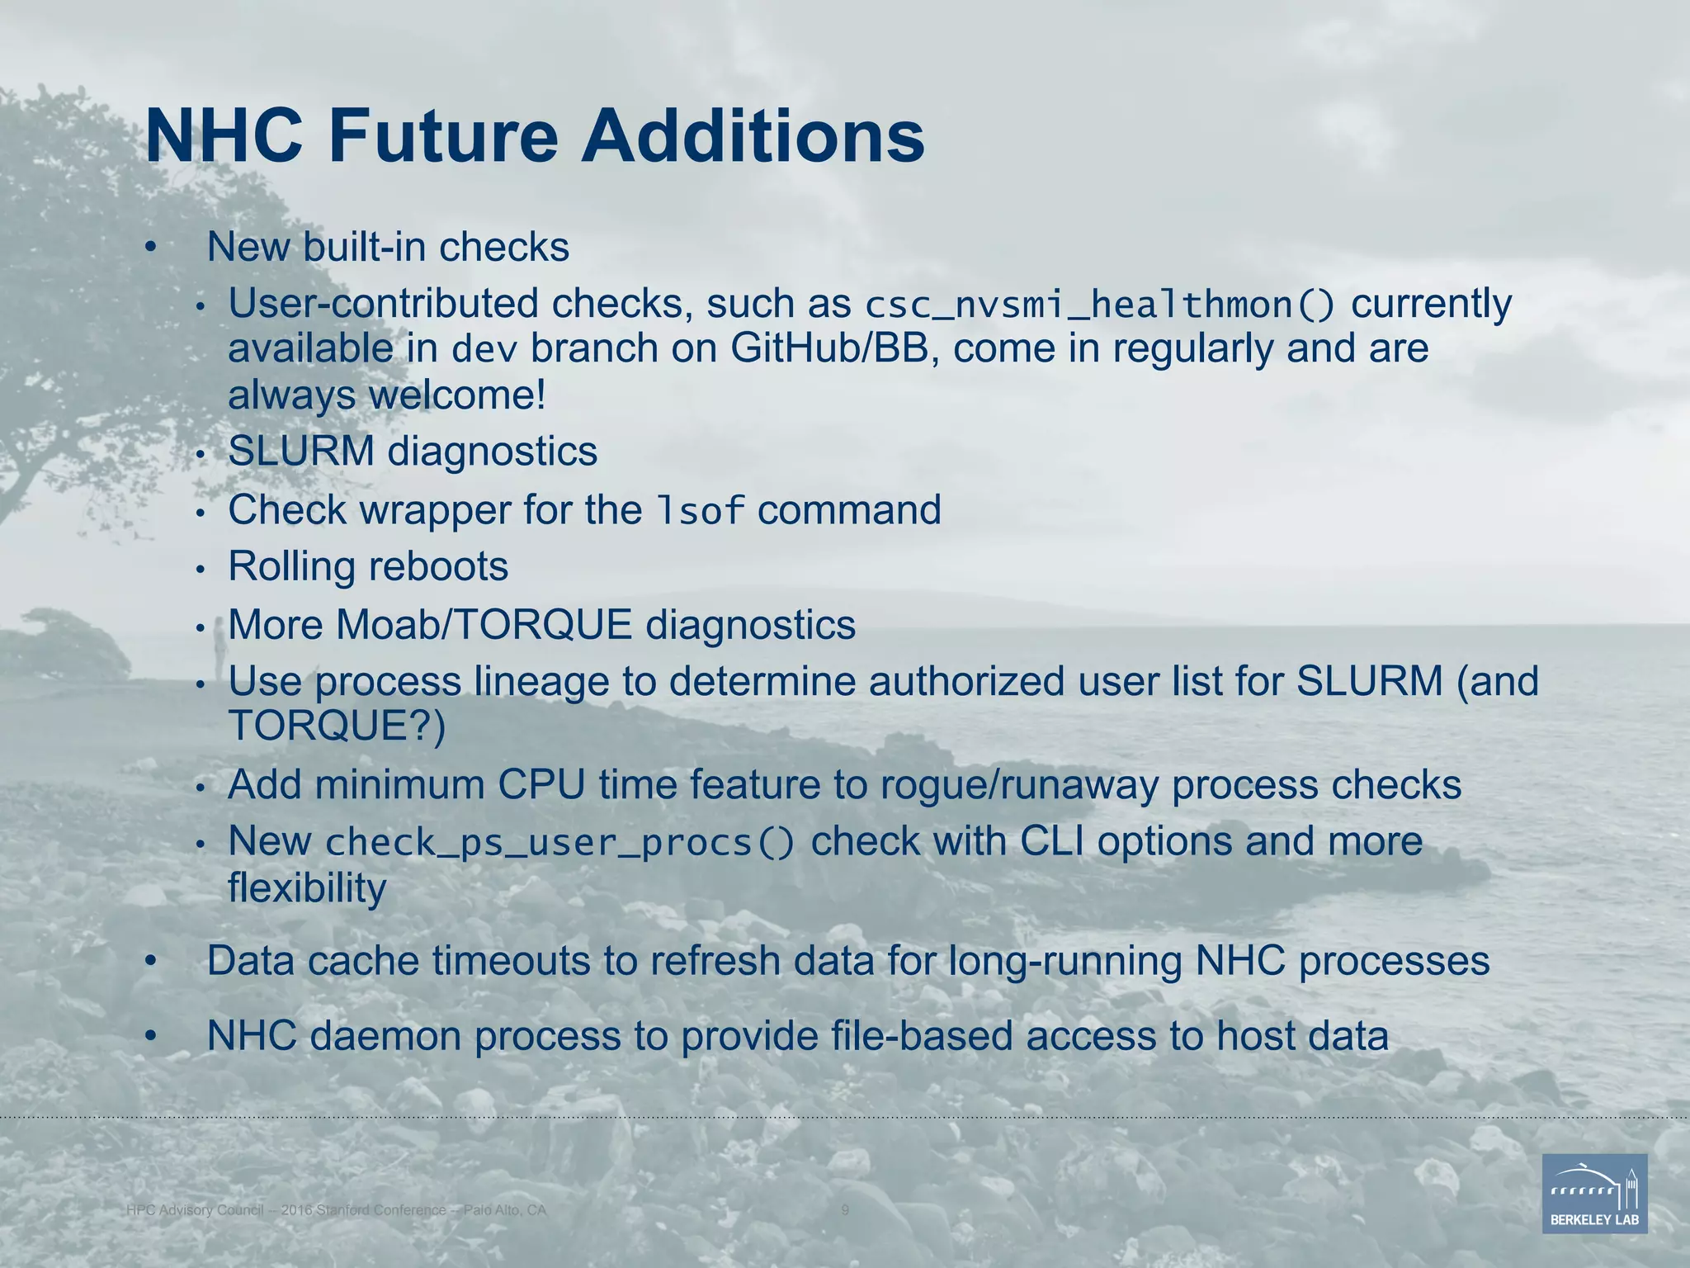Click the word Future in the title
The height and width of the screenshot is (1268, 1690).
[x=443, y=136]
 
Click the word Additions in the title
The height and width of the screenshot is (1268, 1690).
[x=753, y=136]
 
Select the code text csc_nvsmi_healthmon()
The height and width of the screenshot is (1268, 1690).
[x=1100, y=305]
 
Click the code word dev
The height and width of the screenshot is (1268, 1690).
[x=484, y=350]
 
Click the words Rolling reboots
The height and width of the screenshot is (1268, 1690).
[x=368, y=566]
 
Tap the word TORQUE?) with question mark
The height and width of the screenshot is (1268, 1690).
[x=337, y=726]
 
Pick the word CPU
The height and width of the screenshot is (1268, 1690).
[x=541, y=784]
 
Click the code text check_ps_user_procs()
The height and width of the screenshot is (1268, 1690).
[x=560, y=843]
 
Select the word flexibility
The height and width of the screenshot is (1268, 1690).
[x=307, y=888]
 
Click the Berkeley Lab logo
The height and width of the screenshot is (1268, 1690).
[x=1594, y=1193]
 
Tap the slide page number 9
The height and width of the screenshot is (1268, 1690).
[x=845, y=1210]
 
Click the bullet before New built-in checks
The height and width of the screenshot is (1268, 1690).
[x=149, y=247]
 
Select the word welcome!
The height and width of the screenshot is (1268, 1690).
[x=457, y=395]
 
